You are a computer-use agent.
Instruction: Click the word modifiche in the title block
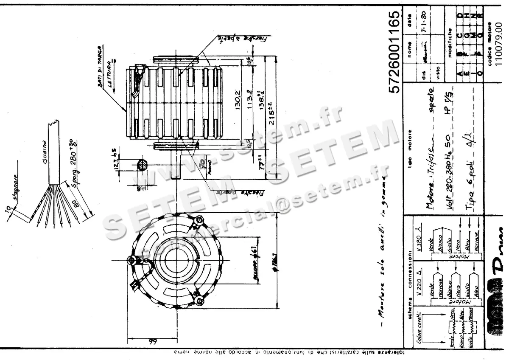point(450,42)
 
